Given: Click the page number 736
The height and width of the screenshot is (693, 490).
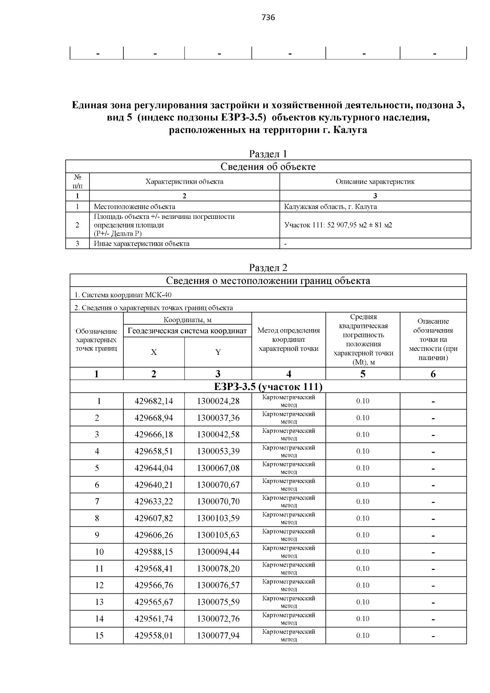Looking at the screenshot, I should [x=268, y=18].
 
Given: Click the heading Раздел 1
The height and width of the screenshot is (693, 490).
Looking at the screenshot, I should [x=268, y=154].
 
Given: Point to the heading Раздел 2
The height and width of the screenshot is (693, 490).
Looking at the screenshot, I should [x=268, y=268].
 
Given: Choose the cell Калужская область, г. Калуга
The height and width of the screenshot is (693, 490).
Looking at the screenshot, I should [x=330, y=207].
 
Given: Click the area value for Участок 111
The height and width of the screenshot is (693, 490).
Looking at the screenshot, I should [x=338, y=225].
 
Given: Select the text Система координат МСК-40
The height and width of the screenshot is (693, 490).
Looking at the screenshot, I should [x=126, y=295].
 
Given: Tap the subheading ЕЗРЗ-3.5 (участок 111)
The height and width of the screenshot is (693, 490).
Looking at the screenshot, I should [x=268, y=386].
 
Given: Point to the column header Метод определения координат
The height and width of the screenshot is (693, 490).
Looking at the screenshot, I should [x=288, y=339].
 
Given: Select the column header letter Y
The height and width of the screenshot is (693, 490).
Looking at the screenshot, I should [x=218, y=352].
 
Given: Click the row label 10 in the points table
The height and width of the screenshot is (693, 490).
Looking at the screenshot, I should [x=99, y=552].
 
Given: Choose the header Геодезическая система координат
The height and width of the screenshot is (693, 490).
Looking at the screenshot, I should [x=187, y=331].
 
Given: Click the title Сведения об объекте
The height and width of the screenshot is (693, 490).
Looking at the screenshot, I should [x=268, y=167].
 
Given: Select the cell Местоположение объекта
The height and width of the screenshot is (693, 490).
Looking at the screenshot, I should [x=134, y=207].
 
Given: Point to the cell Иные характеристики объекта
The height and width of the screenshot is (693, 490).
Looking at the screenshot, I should [x=141, y=244].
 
